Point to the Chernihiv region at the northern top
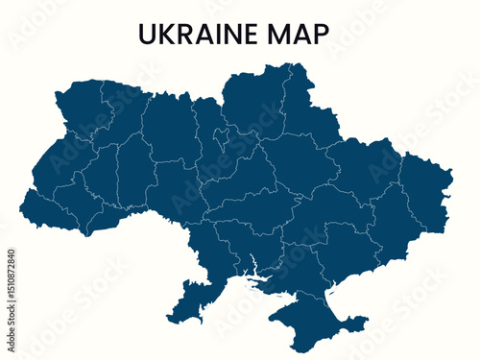tap(252, 101)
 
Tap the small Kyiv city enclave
tap(222, 142)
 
